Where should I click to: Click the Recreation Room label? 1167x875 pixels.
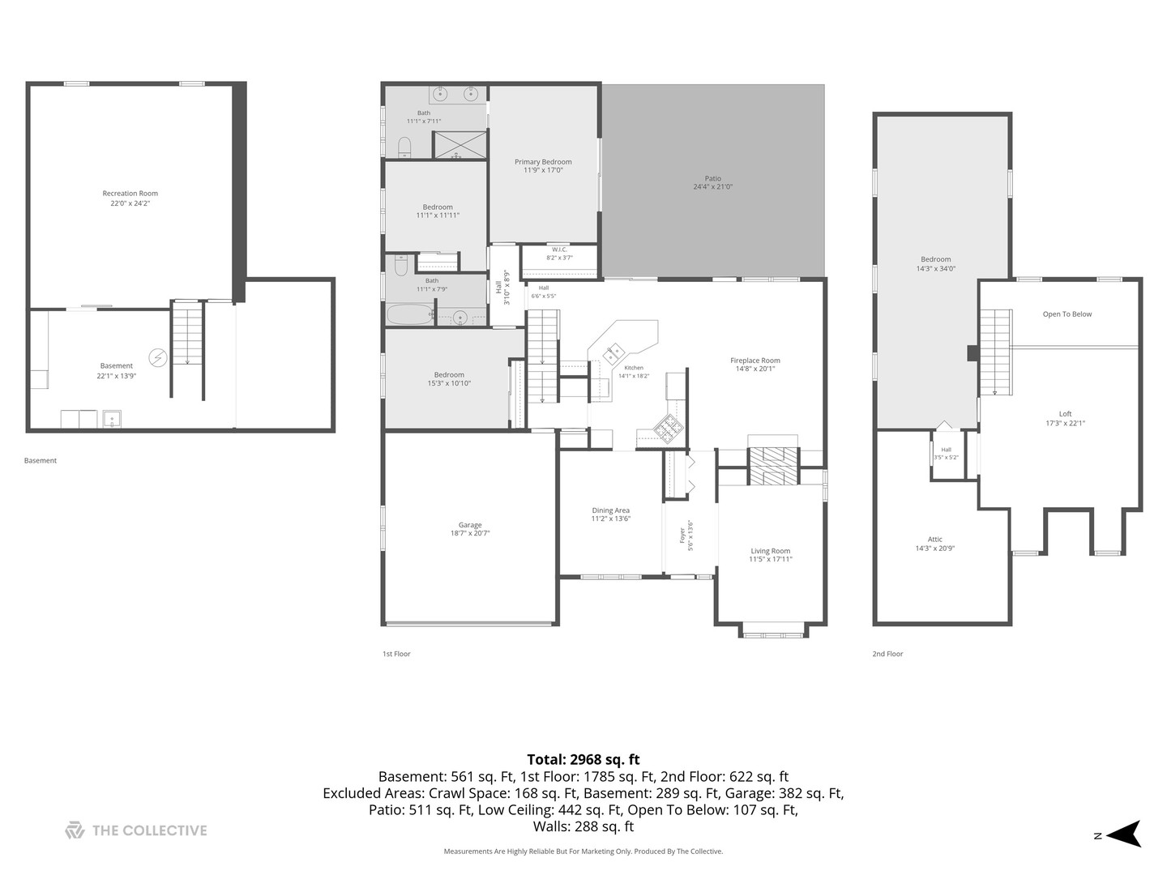[130, 194]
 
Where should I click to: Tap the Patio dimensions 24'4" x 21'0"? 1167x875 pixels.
[712, 187]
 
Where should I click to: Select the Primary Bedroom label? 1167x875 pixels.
[543, 162]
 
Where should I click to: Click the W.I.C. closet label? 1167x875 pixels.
[559, 250]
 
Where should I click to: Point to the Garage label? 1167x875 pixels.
[470, 526]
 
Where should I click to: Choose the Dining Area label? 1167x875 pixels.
[610, 510]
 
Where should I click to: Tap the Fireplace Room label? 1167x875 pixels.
[755, 361]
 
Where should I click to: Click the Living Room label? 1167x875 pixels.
[771, 551]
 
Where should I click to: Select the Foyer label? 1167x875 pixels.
[682, 536]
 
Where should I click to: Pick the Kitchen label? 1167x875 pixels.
[634, 368]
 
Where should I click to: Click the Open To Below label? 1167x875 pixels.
[1067, 314]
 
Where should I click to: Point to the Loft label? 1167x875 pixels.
[1065, 414]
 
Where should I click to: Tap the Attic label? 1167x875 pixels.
[934, 540]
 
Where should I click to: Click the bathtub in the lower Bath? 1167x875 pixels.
[410, 314]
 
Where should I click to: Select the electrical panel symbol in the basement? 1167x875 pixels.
[158, 357]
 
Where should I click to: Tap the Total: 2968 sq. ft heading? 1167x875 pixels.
[583, 759]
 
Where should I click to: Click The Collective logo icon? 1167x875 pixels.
[75, 830]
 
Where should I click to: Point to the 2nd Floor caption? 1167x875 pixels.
[887, 654]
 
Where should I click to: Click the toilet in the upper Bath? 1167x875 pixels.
[404, 147]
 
